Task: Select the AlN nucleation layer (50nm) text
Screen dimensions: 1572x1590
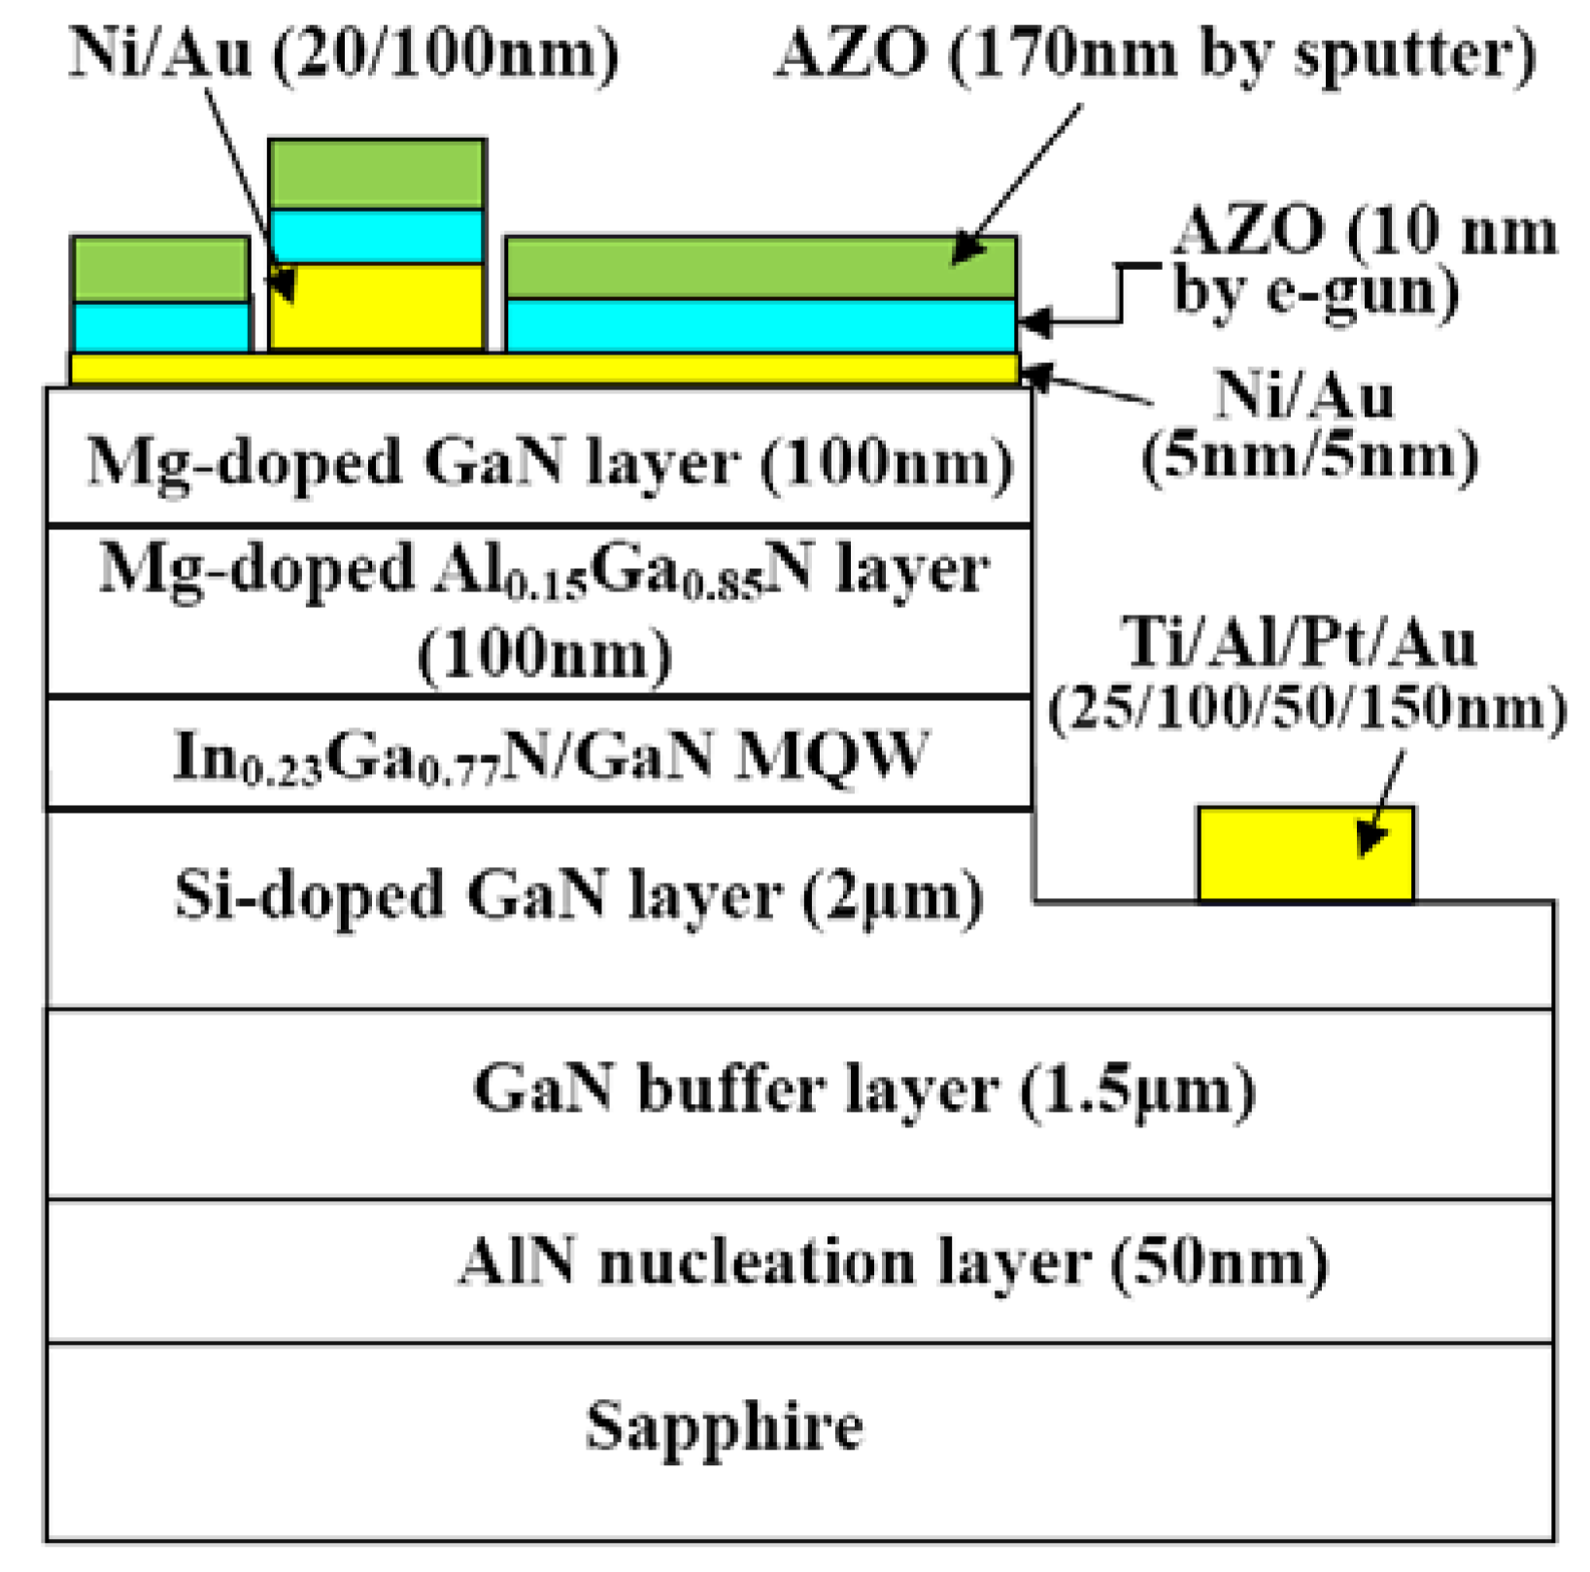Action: pos(893,1262)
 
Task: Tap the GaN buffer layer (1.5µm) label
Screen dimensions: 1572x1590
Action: pos(863,1088)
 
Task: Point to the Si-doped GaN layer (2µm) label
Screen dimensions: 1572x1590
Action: pos(579,894)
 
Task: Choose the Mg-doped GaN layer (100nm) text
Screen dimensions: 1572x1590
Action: pos(550,462)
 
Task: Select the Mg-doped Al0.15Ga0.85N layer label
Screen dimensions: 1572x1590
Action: pos(544,570)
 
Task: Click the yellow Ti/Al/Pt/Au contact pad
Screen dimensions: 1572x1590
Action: pos(1304,854)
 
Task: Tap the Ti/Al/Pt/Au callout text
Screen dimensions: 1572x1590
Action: pos(1299,643)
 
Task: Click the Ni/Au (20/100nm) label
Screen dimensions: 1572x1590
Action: pos(344,52)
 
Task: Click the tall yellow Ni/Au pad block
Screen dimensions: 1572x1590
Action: pos(377,307)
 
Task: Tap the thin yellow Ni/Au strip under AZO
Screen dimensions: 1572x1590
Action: pos(544,368)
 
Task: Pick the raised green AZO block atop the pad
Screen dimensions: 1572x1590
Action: pos(377,174)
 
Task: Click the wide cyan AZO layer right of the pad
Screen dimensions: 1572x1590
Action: pos(761,325)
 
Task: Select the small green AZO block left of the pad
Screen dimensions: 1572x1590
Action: pos(160,269)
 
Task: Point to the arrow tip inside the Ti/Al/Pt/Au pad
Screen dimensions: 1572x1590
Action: pos(1364,851)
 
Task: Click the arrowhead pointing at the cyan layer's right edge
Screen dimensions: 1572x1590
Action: pos(1030,322)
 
